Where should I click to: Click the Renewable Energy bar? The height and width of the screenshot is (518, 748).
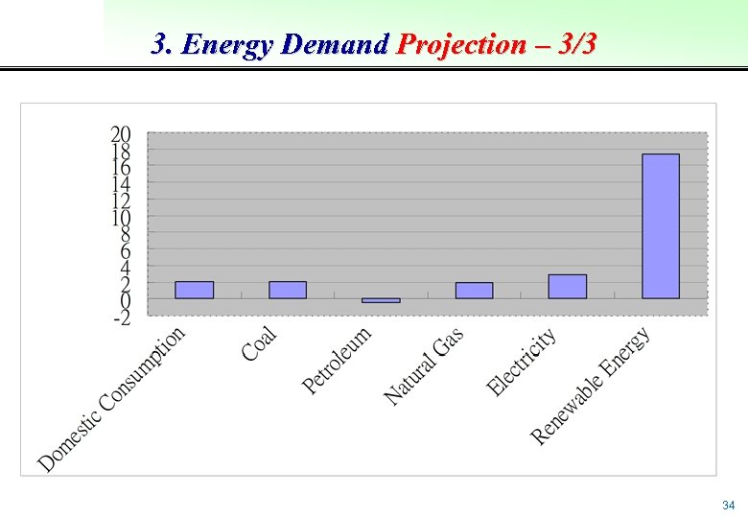[661, 225]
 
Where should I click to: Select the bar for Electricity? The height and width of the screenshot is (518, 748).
[567, 286]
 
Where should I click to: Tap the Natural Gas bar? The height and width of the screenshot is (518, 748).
[474, 290]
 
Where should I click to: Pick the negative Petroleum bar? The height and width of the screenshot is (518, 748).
[381, 300]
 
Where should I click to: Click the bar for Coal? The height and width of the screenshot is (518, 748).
[288, 289]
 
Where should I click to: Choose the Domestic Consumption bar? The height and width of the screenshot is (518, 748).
[194, 289]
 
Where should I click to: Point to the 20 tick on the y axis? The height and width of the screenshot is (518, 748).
[122, 133]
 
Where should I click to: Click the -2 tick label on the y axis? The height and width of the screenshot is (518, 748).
[122, 318]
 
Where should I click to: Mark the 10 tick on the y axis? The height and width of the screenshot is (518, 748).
[122, 218]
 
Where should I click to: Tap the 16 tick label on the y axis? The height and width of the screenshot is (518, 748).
[122, 167]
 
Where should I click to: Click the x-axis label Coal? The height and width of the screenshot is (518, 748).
[260, 343]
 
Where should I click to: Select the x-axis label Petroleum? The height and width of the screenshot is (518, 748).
[338, 361]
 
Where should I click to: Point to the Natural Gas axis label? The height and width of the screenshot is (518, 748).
[425, 365]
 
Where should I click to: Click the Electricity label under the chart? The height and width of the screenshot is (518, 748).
[522, 363]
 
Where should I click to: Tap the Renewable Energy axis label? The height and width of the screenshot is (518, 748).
[592, 386]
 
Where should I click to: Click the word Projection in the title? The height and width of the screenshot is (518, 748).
[461, 44]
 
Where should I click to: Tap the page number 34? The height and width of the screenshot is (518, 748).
[728, 506]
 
